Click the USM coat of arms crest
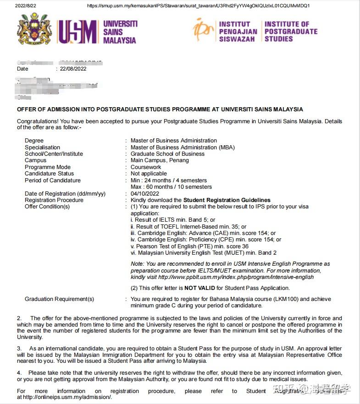pyautogui.click(x=34, y=30)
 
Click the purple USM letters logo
pyautogui.click(x=77, y=32)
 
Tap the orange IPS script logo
pyautogui.click(x=203, y=30)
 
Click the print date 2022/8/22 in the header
pyautogui.click(x=26, y=6)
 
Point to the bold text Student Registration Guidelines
pyautogui.click(x=227, y=200)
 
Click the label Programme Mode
pyautogui.click(x=48, y=167)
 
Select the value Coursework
pyautogui.click(x=146, y=167)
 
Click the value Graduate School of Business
pyautogui.click(x=167, y=154)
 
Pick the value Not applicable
pyautogui.click(x=149, y=174)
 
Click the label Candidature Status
pyautogui.click(x=49, y=174)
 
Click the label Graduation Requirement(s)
pyautogui.click(x=59, y=299)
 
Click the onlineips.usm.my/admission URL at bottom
pyautogui.click(x=67, y=397)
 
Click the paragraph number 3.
pyautogui.click(x=19, y=349)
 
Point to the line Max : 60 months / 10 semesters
pyautogui.click(x=171, y=187)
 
